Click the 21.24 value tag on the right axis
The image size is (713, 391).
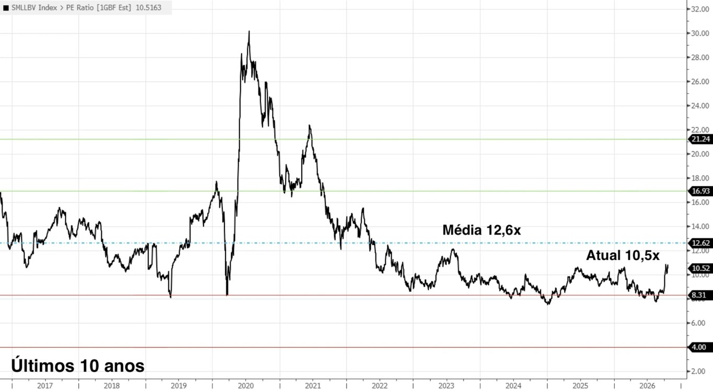pyautogui.click(x=700, y=139)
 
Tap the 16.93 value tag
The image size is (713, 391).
pyautogui.click(x=700, y=191)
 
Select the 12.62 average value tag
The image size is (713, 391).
pyautogui.click(x=700, y=243)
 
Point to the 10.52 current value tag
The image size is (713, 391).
pyautogui.click(x=700, y=268)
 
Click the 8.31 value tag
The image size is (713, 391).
pyautogui.click(x=700, y=295)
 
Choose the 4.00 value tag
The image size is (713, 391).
pyautogui.click(x=700, y=347)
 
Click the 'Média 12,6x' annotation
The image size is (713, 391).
pyautogui.click(x=482, y=230)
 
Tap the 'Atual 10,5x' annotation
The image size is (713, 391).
pyautogui.click(x=623, y=255)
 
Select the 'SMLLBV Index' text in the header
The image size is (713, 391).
pyautogui.click(x=34, y=8)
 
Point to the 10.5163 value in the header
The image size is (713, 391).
pyautogui.click(x=149, y=8)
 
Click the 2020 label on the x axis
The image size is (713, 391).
pyautogui.click(x=246, y=386)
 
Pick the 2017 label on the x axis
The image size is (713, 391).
pyautogui.click(x=45, y=386)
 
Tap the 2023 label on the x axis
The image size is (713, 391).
pyautogui.click(x=446, y=386)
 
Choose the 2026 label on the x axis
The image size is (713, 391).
pyautogui.click(x=647, y=386)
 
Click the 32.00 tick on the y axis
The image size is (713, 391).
pyautogui.click(x=699, y=9)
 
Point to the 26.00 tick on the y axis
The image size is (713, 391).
pyautogui.click(x=699, y=81)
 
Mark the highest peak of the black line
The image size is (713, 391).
pyautogui.click(x=249, y=31)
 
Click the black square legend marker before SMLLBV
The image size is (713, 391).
pyautogui.click(x=6, y=8)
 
